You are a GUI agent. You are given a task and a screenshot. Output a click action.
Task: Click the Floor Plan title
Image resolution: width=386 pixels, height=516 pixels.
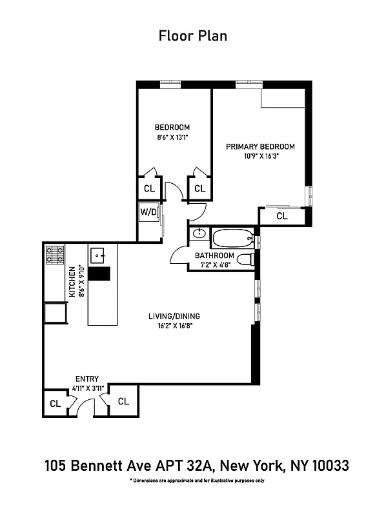(x=192, y=35)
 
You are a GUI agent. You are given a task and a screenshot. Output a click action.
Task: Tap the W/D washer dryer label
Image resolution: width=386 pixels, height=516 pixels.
(x=149, y=212)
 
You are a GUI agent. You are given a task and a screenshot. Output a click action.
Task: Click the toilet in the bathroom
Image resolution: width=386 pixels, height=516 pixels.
(x=245, y=259)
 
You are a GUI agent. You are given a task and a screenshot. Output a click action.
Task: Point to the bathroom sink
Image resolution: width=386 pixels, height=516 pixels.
(x=199, y=234)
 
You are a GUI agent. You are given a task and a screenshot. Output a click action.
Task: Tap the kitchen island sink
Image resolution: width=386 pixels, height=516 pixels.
(x=99, y=255)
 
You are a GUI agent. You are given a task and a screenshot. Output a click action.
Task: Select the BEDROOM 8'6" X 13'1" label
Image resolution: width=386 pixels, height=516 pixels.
(x=172, y=132)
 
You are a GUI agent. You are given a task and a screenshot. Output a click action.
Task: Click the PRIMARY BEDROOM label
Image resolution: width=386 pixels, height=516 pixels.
(x=260, y=146)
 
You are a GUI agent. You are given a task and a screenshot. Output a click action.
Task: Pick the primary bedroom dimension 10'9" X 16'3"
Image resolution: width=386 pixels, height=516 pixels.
(x=260, y=156)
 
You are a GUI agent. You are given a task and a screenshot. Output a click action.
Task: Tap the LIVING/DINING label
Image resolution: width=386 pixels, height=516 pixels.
(x=174, y=316)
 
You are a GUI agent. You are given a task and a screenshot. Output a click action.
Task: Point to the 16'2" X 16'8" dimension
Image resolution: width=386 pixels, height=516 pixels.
(x=174, y=326)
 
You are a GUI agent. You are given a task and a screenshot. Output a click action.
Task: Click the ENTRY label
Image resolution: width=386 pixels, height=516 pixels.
(x=86, y=379)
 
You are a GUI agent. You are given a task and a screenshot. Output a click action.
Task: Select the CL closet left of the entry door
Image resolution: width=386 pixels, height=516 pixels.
(x=56, y=404)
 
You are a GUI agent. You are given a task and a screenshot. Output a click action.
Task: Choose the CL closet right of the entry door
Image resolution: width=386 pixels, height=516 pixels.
(x=123, y=401)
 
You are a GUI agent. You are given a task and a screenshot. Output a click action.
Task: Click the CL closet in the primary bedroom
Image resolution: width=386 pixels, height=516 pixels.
(x=281, y=216)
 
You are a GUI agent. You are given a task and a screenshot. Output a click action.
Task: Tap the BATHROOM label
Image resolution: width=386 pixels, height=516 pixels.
(x=214, y=255)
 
